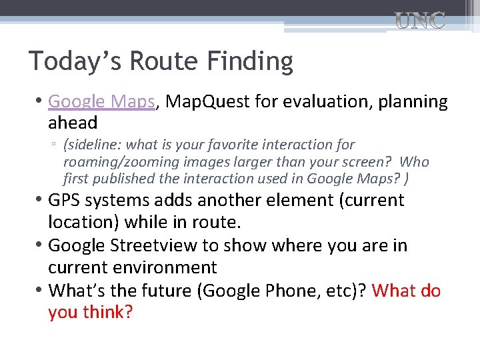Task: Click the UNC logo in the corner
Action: click(419, 21)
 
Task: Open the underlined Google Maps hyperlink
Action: click(101, 102)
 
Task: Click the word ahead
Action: click(73, 123)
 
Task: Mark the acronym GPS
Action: click(63, 201)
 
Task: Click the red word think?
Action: click(108, 313)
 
